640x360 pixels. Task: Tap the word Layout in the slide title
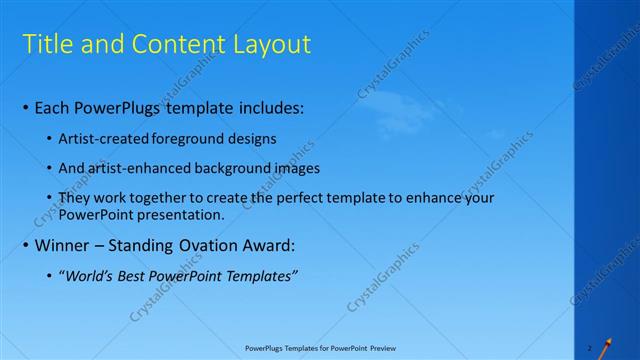tap(267, 45)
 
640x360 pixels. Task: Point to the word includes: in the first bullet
tap(261, 108)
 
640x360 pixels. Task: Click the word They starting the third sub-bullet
tap(74, 198)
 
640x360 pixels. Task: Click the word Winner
tap(63, 245)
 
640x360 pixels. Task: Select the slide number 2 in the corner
tap(590, 349)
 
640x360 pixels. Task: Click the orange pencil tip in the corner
tap(604, 345)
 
